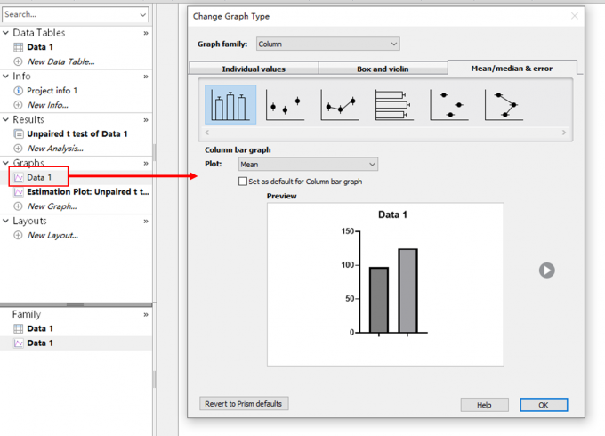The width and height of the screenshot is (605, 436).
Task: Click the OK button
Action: (544, 405)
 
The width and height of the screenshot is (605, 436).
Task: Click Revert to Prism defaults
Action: (244, 404)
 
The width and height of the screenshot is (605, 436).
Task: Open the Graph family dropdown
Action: (328, 44)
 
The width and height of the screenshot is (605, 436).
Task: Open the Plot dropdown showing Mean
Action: (309, 165)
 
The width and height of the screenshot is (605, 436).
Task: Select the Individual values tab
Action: (254, 69)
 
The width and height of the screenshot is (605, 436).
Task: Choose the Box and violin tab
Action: (383, 69)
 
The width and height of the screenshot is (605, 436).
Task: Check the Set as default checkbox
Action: (243, 182)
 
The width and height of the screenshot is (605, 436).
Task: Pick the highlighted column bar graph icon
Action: (230, 105)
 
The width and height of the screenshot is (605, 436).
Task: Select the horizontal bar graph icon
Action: (393, 105)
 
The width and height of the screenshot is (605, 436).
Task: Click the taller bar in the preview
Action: (407, 291)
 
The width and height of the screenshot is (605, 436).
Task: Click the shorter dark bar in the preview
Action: (379, 300)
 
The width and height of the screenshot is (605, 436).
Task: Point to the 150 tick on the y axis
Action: (358, 231)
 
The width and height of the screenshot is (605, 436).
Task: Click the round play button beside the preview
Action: (547, 270)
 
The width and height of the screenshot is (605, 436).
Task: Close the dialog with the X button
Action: (575, 16)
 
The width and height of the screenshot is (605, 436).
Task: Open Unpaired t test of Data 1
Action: (77, 133)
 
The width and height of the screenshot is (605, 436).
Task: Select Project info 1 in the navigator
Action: (52, 90)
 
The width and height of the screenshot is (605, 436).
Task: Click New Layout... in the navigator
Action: (52, 236)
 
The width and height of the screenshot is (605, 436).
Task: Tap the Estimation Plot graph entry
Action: (87, 192)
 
